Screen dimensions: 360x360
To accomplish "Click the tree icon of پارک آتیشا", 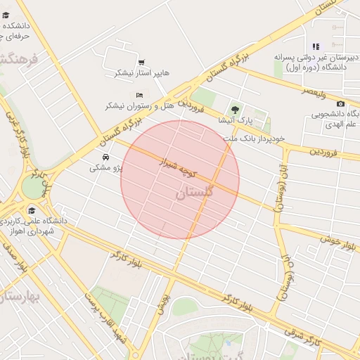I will (x=235, y=110).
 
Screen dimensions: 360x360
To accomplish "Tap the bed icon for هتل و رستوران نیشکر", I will (x=139, y=95).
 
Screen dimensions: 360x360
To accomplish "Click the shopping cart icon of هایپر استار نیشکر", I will (x=141, y=63).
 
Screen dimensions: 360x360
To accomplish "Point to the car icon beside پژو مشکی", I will (x=105, y=157).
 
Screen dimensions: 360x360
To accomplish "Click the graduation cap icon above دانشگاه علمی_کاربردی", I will (x=31, y=210).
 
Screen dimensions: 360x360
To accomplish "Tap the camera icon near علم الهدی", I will (x=341, y=104).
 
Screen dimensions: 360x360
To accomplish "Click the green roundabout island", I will (x=32, y=186).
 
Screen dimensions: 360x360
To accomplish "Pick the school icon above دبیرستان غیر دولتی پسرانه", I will (x=316, y=46).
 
